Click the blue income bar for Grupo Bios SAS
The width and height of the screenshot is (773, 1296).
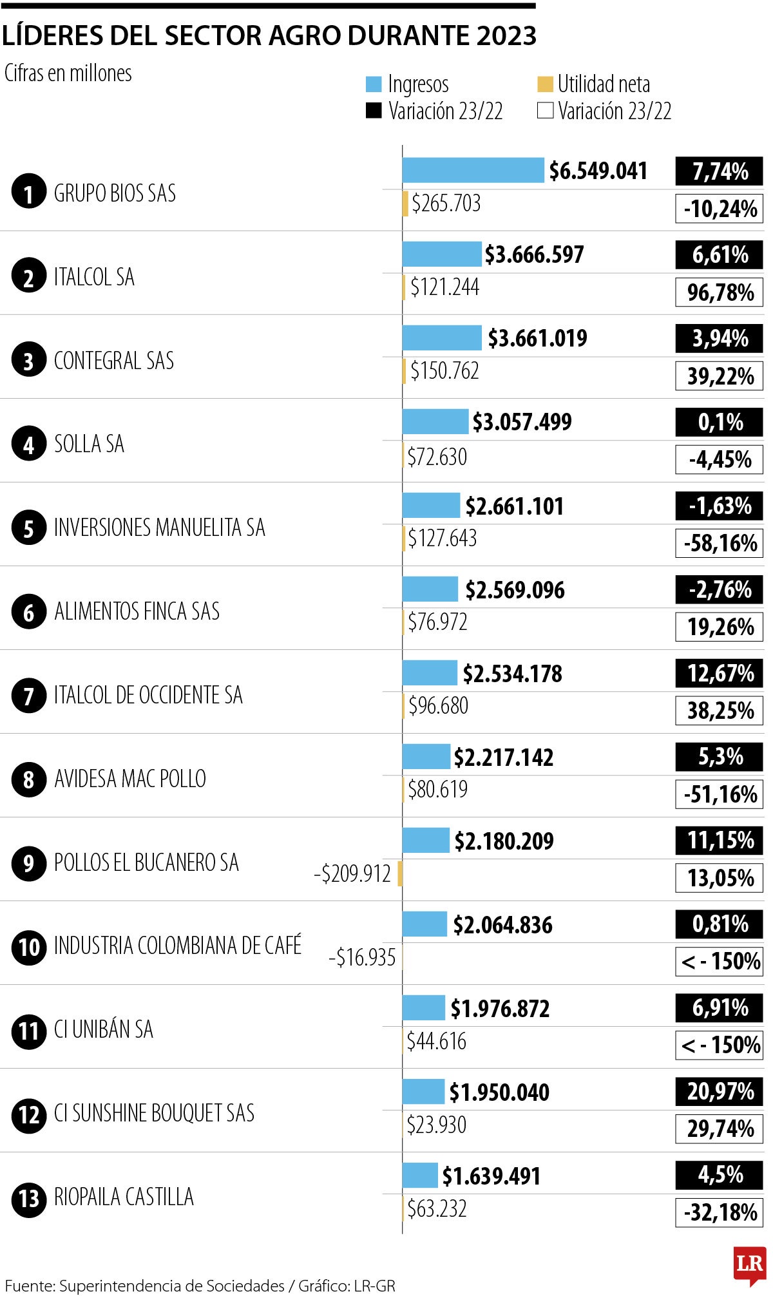tap(473, 170)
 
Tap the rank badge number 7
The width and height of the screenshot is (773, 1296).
tap(28, 696)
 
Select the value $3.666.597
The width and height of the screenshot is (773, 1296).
tap(534, 254)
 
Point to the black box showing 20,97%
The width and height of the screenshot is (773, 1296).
tap(719, 1091)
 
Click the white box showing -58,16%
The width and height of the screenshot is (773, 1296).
tap(719, 543)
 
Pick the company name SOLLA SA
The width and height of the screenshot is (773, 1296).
tap(89, 444)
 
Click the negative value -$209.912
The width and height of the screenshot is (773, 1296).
tap(352, 874)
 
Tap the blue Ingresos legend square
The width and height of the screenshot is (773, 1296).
tap(374, 84)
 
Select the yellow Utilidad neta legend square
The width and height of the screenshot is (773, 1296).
tap(545, 84)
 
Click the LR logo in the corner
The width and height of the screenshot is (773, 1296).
tap(750, 1264)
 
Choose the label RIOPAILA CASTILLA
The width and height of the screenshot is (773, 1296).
tap(124, 1197)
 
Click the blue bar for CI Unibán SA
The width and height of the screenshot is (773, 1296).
tap(423, 1008)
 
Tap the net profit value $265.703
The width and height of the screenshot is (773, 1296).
tap(446, 204)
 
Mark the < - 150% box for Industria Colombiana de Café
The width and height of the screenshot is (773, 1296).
tap(719, 962)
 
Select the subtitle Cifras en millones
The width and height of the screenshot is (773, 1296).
tap(68, 73)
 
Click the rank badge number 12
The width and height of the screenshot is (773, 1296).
tap(28, 1114)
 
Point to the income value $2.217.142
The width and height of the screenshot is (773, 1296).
tap(503, 758)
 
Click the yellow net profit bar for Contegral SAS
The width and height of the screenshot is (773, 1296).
tap(404, 371)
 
